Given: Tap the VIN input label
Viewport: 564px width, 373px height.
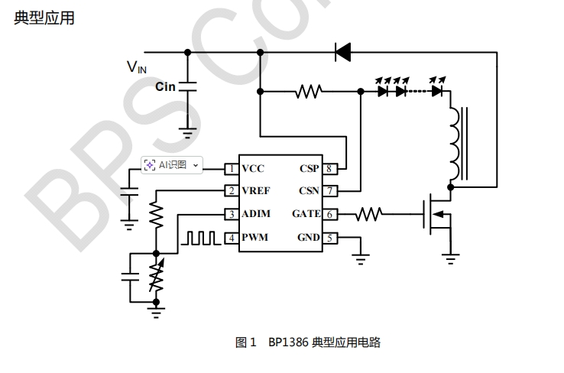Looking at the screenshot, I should [x=137, y=67].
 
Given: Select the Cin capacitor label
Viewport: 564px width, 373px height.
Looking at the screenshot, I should [x=165, y=86].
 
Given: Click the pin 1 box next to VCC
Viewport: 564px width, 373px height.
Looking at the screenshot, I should [x=230, y=168].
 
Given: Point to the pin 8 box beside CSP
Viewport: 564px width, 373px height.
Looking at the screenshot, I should [x=329, y=168].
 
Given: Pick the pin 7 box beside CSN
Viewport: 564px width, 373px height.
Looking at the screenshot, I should [x=329, y=191].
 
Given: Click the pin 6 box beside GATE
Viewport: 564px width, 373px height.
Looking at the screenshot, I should [x=329, y=214].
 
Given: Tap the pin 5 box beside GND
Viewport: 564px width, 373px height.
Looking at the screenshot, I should [x=329, y=238].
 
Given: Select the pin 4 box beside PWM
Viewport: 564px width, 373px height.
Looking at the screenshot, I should [x=230, y=238].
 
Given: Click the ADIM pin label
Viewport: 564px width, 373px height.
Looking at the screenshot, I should [x=256, y=214].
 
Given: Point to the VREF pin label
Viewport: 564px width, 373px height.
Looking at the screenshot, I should [x=257, y=191].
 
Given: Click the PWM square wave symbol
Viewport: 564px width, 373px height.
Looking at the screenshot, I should [x=200, y=238].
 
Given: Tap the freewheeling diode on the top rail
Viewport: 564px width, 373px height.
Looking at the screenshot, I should [x=342, y=52].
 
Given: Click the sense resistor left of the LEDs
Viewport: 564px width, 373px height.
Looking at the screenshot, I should [x=309, y=91].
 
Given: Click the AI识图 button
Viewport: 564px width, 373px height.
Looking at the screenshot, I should [x=172, y=164].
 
